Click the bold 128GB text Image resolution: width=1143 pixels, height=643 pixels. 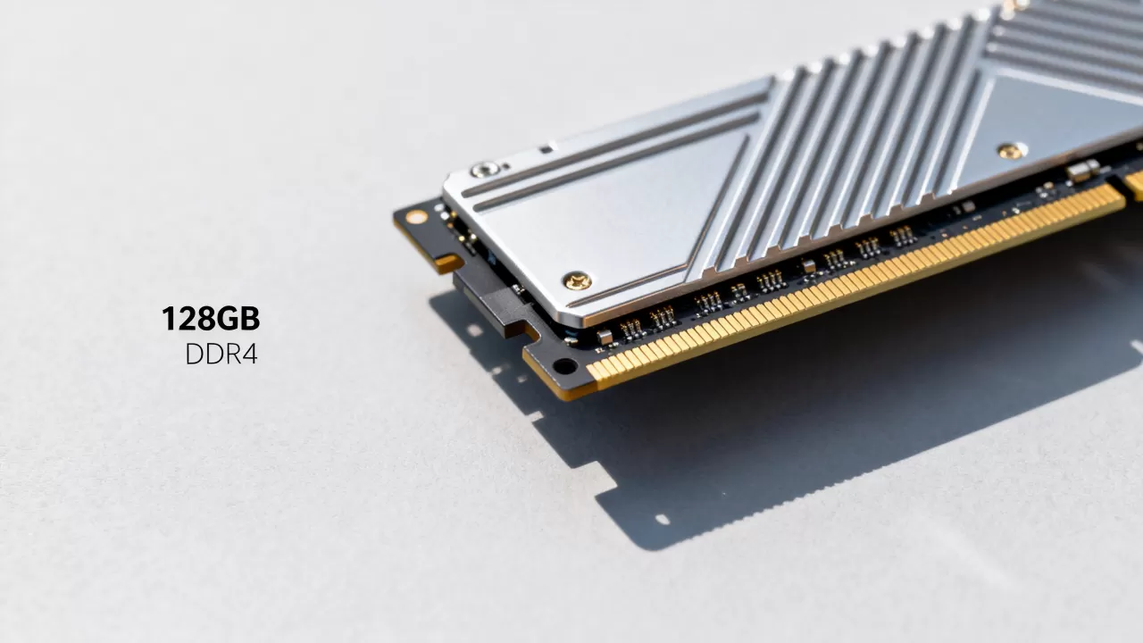(x=211, y=318)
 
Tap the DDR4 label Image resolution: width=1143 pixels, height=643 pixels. (x=221, y=355)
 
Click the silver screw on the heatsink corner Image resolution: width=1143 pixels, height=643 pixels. (x=483, y=170)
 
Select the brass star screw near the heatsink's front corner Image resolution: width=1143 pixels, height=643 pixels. (x=578, y=280)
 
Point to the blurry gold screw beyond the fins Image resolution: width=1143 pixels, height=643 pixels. (x=1010, y=151)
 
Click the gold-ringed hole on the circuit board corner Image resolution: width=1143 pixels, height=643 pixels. (x=416, y=217)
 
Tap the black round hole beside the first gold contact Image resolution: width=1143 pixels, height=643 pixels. (x=564, y=365)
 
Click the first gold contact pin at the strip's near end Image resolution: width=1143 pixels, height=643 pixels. (x=594, y=372)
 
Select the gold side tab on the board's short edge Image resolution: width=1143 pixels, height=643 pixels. (x=448, y=263)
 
